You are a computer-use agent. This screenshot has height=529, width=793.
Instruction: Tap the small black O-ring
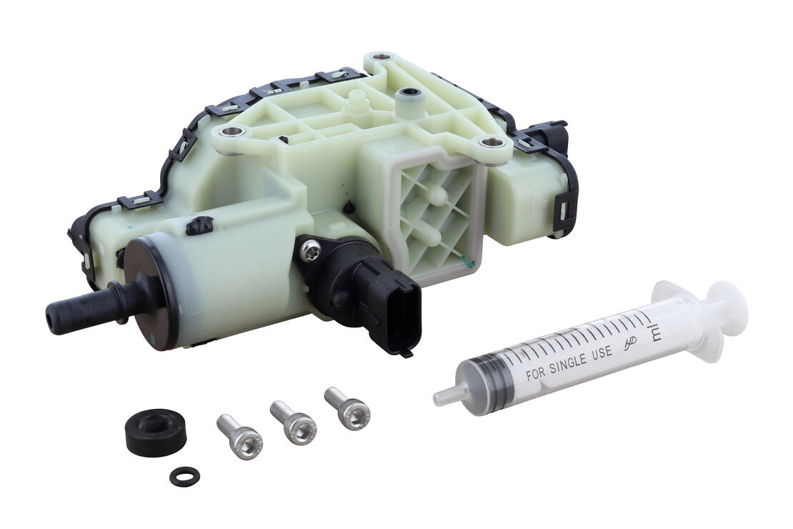(x=184, y=476)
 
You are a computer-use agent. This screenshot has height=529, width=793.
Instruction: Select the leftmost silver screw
(x=239, y=435)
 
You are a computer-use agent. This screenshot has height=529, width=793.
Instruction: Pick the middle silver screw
(x=292, y=422)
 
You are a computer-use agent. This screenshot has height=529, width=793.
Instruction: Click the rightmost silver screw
(x=347, y=408)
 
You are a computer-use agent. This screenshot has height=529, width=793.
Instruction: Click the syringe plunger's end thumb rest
(x=729, y=315)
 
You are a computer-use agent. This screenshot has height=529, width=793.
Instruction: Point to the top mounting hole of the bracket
(x=383, y=58)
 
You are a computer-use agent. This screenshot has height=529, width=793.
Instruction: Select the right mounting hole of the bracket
(x=491, y=143)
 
